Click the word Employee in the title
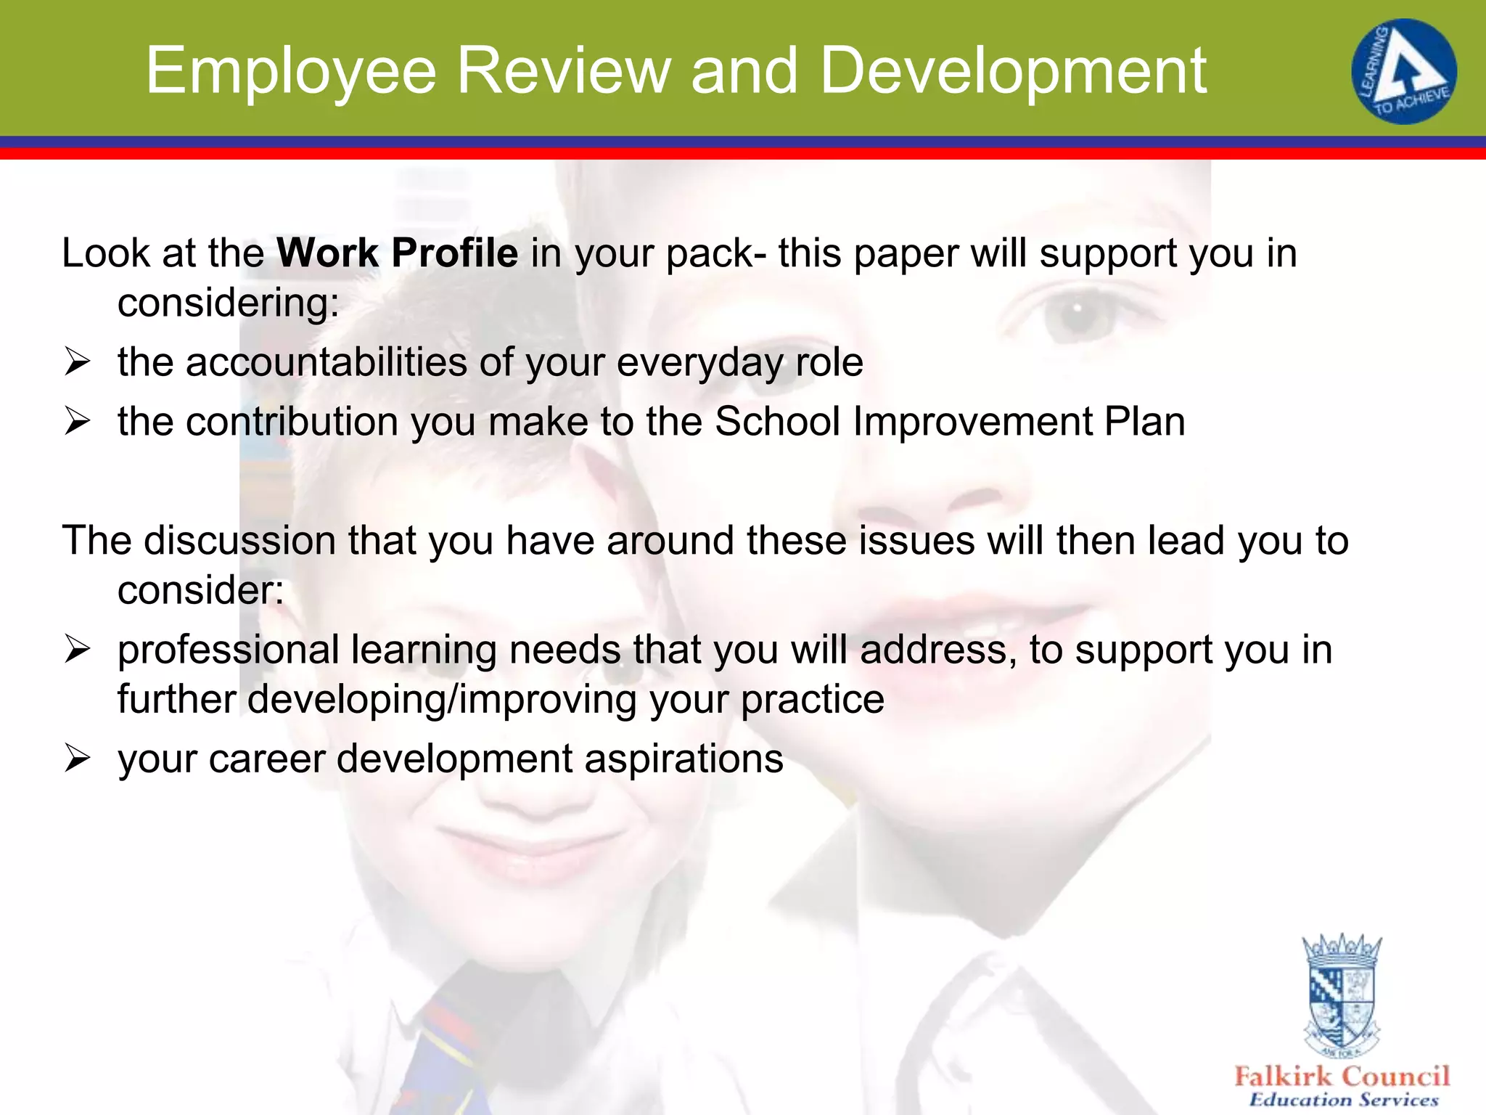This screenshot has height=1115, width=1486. [290, 71]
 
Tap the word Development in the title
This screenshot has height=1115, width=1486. [1013, 71]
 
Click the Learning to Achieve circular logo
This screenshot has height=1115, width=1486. [1403, 71]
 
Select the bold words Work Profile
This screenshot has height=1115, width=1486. [397, 253]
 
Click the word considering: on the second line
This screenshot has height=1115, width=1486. [229, 302]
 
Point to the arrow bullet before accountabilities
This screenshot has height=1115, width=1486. [76, 362]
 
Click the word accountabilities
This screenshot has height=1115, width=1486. [326, 362]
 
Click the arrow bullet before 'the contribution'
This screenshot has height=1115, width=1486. [76, 421]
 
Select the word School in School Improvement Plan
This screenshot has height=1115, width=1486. [777, 421]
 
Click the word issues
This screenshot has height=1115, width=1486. [911, 541]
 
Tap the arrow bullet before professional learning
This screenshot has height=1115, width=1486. [76, 649]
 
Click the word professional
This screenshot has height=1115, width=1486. [228, 650]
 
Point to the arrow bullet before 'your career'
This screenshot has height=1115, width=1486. [76, 759]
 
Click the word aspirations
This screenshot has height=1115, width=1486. [684, 759]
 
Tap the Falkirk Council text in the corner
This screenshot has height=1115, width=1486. [1342, 1076]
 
